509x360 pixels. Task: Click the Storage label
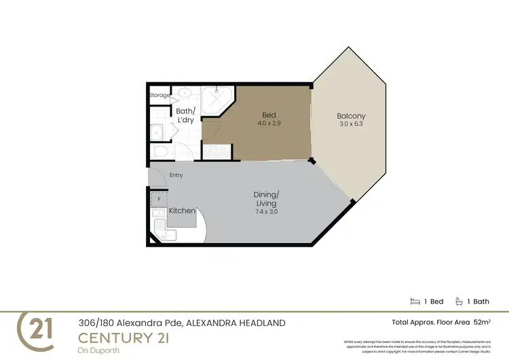tap(159, 95)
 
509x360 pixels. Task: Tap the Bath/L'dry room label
tap(185, 115)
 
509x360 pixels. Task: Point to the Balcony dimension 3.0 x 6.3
tap(351, 125)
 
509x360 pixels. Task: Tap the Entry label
tap(176, 175)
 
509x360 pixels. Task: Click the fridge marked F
tap(159, 199)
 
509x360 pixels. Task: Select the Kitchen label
tap(182, 211)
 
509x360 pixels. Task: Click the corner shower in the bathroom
tap(221, 97)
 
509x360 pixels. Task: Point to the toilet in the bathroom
tap(161, 151)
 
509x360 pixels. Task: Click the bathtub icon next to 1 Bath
tap(459, 301)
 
